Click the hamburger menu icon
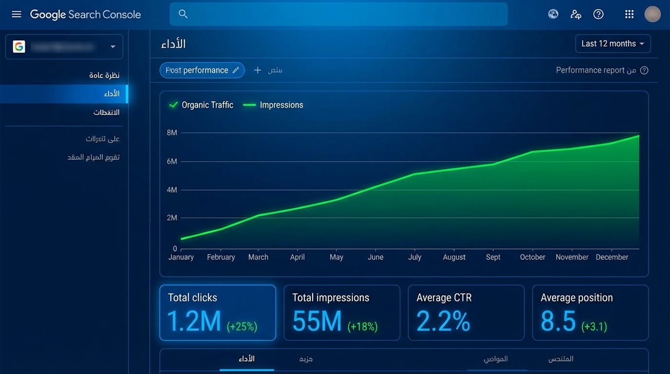(x=17, y=14)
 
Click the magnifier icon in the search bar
(x=183, y=14)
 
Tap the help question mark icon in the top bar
(x=598, y=14)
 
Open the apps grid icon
(x=629, y=14)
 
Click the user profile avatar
(x=652, y=14)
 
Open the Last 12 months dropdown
(x=613, y=44)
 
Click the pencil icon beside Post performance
(x=236, y=70)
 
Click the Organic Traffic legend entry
(x=201, y=105)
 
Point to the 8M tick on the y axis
(x=172, y=132)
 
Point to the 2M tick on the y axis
(x=172, y=218)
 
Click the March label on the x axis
(x=258, y=257)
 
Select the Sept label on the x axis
(x=493, y=257)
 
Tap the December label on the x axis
(x=612, y=257)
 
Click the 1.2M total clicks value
(x=194, y=321)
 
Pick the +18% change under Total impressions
(x=362, y=326)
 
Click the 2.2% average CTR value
(x=443, y=321)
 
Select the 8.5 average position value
(x=558, y=321)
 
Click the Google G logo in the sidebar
(x=19, y=47)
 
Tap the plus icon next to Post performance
(x=258, y=70)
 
